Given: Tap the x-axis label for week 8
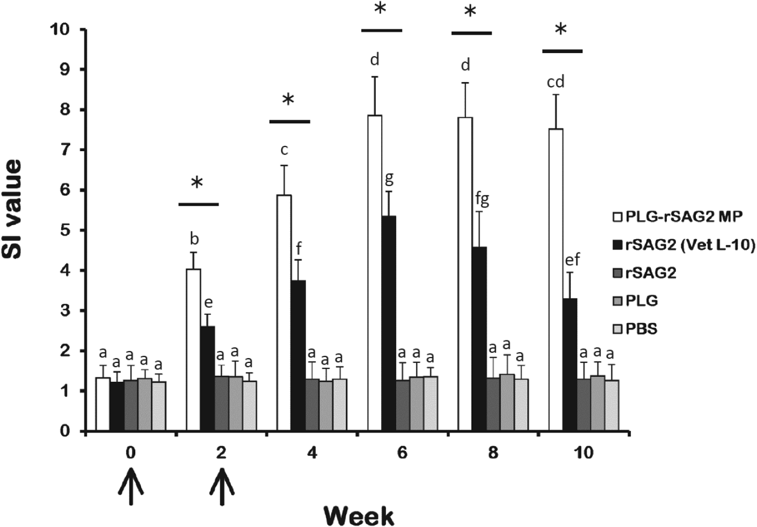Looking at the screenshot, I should [493, 452].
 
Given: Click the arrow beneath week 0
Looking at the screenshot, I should [131, 487].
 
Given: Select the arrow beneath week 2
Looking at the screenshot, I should [222, 487].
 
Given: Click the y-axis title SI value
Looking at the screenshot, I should [13, 209].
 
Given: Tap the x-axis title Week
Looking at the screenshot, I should [358, 515].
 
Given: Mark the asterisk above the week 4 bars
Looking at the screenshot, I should [288, 100].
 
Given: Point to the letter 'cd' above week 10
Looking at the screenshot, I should [556, 82].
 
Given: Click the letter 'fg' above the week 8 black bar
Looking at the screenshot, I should [482, 199].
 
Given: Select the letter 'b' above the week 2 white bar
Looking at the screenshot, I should [194, 239].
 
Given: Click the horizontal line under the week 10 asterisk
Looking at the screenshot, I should [562, 51].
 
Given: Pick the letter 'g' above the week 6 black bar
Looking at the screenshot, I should [389, 178].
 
